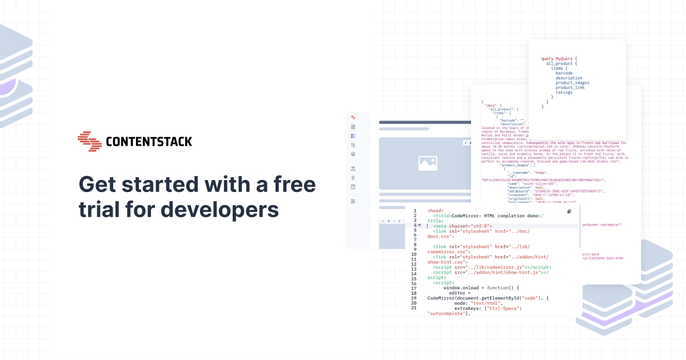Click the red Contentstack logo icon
point(89,141)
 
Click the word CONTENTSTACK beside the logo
point(149,142)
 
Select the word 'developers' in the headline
point(220,209)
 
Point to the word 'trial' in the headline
point(99,209)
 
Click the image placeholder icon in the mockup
point(428,163)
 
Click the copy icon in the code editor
point(569,211)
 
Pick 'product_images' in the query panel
point(572,83)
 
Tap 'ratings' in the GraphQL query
point(564,93)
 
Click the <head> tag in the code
point(435,211)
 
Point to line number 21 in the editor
point(414,308)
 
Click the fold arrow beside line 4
point(420,226)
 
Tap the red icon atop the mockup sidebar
point(353,117)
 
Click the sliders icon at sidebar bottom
point(353,201)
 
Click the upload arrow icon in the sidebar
point(353,178)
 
